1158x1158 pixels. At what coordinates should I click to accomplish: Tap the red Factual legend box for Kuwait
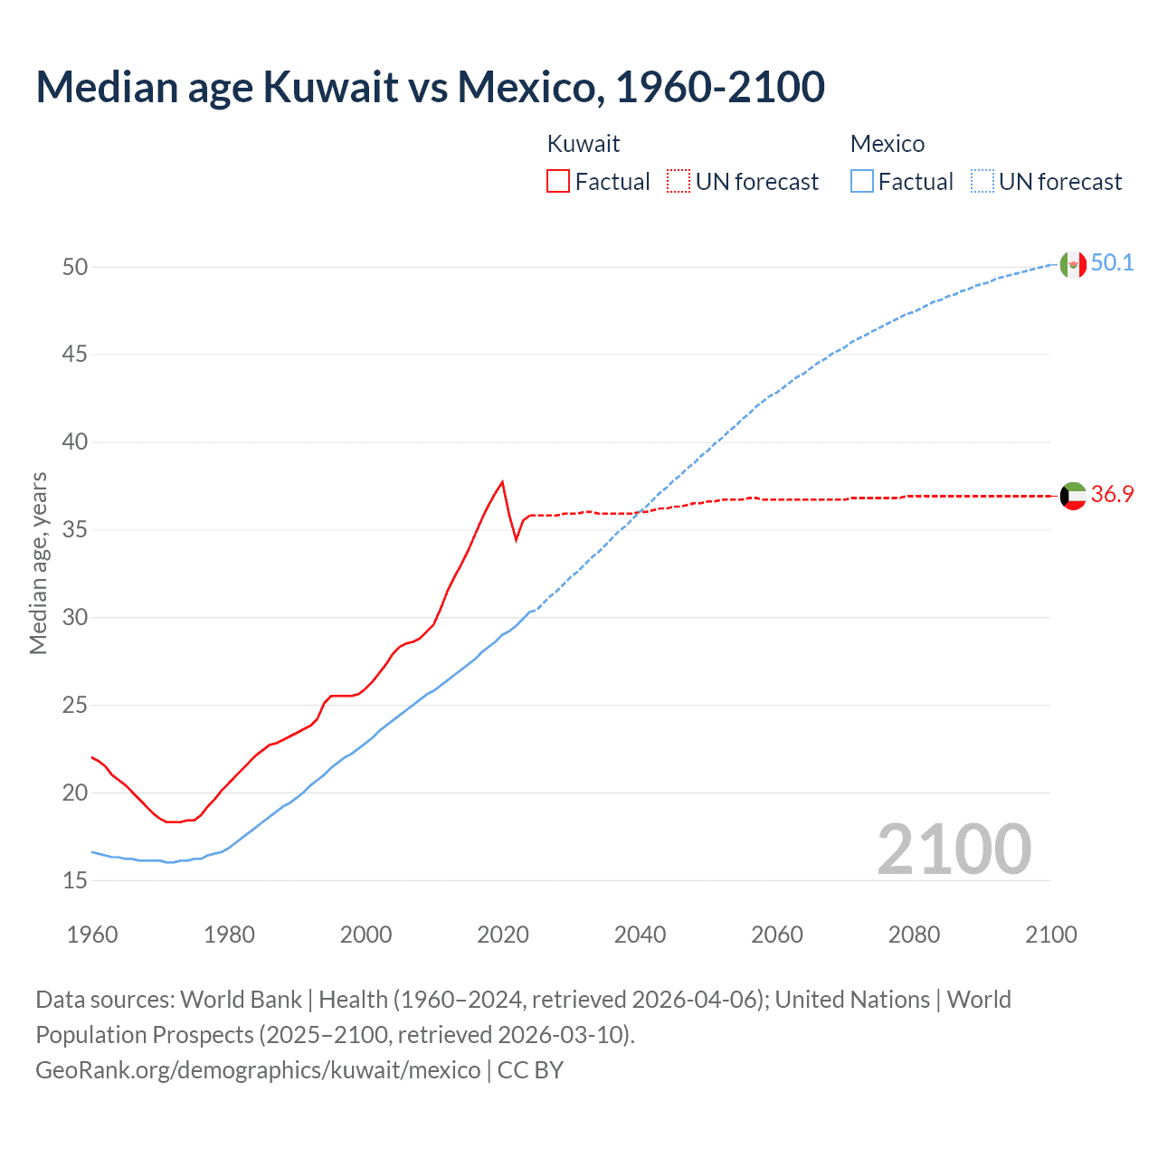558,182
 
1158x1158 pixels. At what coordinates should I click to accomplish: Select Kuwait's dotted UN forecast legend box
679,182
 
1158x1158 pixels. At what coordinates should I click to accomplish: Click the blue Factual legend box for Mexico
862,182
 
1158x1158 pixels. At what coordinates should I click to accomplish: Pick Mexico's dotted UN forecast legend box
982,182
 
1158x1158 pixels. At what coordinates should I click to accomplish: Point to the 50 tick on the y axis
75,267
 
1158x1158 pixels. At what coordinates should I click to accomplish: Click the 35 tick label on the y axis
75,529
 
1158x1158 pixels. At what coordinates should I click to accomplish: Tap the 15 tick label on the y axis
75,880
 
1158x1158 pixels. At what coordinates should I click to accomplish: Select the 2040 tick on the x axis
640,935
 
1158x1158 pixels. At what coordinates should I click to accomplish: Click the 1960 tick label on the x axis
92,935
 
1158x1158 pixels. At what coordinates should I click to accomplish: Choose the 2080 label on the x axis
914,935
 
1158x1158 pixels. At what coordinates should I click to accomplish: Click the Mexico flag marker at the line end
1073,264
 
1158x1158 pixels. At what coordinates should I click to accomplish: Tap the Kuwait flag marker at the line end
1073,496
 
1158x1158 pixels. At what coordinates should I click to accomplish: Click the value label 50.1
1112,263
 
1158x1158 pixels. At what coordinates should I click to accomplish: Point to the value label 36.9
1112,494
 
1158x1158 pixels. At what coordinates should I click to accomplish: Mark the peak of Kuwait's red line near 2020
502,481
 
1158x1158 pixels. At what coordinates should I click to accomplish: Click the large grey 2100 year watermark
954,850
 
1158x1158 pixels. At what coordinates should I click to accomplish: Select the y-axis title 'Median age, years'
38,563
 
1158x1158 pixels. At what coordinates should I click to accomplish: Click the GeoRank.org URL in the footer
258,1070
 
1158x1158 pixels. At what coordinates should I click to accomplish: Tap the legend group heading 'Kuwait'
584,144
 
